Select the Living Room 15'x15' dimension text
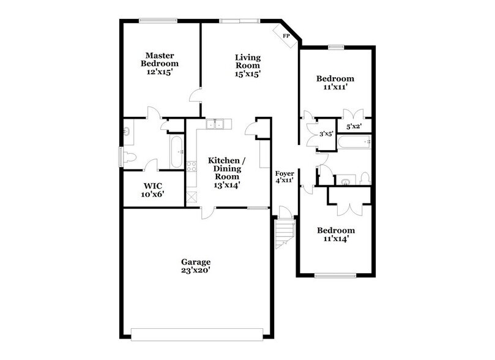coord(248,73)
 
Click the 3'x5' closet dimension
coord(326,133)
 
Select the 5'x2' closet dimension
coord(354,127)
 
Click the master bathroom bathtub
coord(176,151)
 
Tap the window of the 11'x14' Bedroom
coord(335,276)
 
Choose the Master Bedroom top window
coord(158,20)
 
